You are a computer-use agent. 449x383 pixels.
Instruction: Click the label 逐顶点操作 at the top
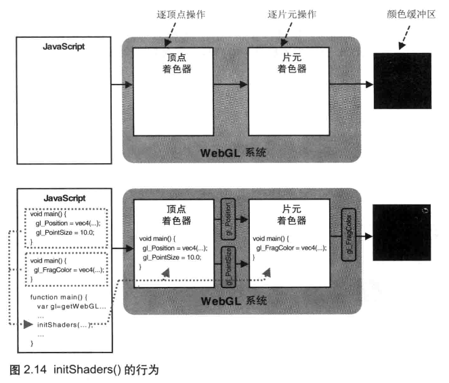pos(181,14)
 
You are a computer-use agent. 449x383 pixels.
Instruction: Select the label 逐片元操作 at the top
pos(292,14)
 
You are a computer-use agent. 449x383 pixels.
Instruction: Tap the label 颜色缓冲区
pos(411,14)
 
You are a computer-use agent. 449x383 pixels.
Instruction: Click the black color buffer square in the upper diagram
pos(402,81)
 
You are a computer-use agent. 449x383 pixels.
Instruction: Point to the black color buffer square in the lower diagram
pos(402,232)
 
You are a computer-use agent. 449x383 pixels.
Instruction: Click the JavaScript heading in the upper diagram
pos(64,47)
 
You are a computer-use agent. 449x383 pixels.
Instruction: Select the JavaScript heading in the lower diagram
pos(65,198)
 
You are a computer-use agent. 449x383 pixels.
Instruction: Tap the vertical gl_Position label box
pos(228,219)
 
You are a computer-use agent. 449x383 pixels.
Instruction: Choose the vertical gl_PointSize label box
pos(228,267)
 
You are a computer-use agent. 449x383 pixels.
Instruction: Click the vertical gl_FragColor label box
pos(349,235)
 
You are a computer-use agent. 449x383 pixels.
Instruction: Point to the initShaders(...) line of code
pos(65,325)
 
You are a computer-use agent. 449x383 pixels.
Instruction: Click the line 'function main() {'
pos(59,297)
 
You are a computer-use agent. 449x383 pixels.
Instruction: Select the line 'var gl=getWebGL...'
pos(72,307)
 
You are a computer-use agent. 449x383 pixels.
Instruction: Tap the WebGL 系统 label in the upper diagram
pos(233,153)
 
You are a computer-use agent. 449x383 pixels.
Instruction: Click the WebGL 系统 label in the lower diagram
pos(234,301)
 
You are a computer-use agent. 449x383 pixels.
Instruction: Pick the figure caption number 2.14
pos(35,369)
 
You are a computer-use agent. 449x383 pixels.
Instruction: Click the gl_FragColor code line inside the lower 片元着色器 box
pos(291,248)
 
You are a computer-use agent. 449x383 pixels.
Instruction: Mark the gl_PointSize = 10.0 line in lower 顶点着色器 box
pos(172,257)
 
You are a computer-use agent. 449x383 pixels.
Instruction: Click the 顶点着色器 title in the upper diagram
pos(177,63)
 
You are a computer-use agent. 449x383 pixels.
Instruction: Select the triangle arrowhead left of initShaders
pos(28,324)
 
